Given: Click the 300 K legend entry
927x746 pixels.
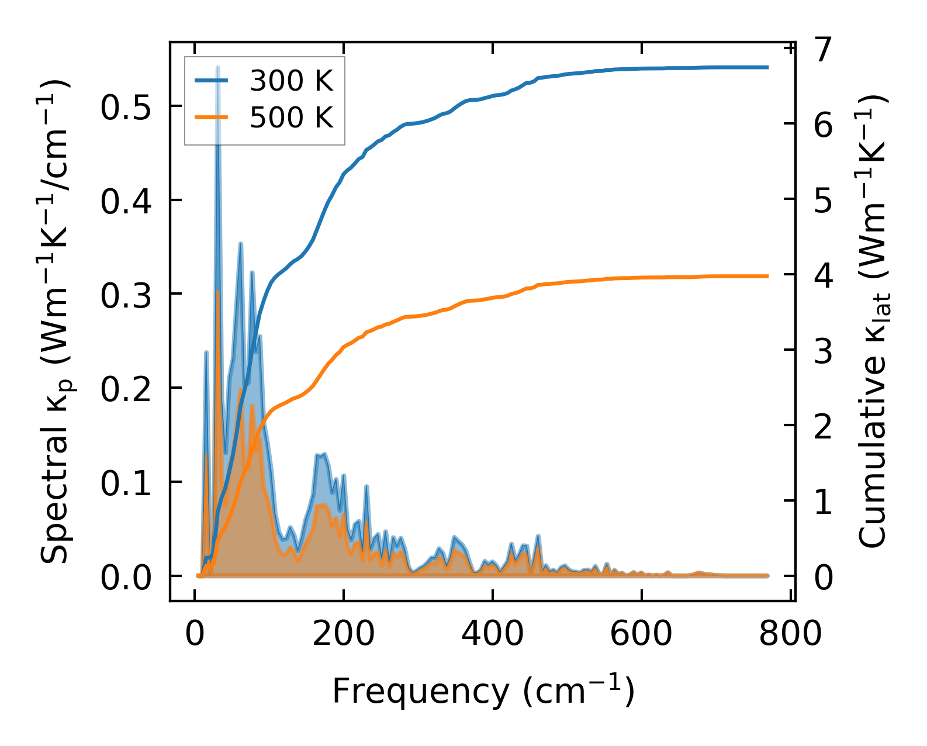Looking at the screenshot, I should [291, 81].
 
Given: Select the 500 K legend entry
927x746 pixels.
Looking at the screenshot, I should [291, 118].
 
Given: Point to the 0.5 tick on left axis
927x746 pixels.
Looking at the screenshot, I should [126, 107].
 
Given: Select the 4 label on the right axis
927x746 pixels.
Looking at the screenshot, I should [823, 275].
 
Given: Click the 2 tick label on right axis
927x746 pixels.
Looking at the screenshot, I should [823, 426].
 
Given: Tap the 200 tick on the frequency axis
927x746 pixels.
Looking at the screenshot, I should [344, 634].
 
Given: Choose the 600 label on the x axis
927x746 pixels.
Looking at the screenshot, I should [641, 634].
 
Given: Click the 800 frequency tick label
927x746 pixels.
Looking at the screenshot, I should [790, 634].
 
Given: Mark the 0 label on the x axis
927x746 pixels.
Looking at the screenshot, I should [195, 634].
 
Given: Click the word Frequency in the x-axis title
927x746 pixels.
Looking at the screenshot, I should [421, 692].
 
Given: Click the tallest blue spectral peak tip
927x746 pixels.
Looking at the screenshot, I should [217, 68].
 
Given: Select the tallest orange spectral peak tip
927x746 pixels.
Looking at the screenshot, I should [217, 291].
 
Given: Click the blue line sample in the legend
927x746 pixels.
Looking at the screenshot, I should [211, 81].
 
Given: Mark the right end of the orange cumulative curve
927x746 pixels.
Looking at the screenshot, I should [767, 276].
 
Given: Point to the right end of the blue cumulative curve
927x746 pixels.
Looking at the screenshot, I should [767, 67].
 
